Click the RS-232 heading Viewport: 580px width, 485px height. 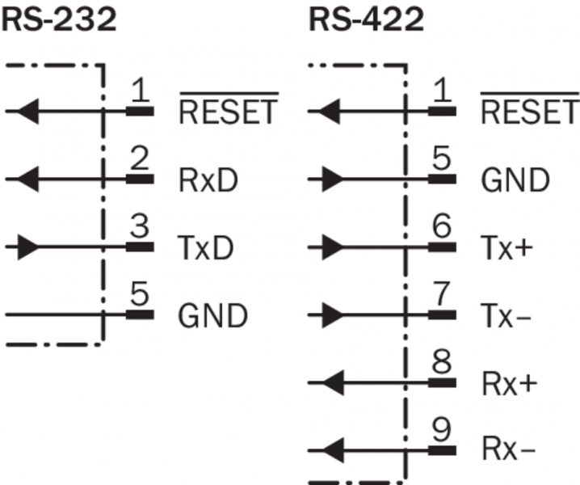(61, 19)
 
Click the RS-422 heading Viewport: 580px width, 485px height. (367, 19)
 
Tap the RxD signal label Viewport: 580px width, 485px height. (207, 181)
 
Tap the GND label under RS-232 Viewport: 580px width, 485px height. (212, 315)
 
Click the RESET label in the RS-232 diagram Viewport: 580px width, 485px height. (228, 112)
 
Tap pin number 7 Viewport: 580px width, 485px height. (440, 296)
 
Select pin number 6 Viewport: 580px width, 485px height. (440, 230)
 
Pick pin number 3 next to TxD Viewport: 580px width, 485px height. (140, 230)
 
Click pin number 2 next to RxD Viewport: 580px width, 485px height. (140, 162)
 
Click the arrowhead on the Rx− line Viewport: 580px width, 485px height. (330, 445)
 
